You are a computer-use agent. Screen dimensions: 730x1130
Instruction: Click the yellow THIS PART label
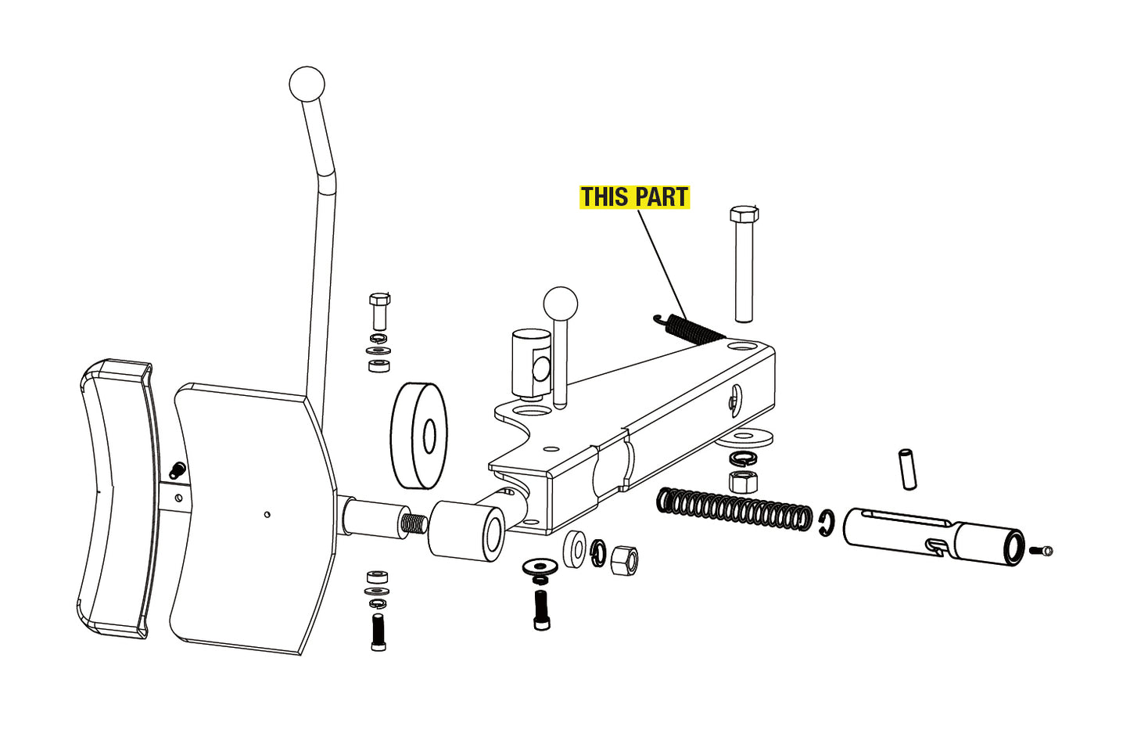(x=633, y=197)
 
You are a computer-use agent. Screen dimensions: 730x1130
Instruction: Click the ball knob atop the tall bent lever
(x=307, y=84)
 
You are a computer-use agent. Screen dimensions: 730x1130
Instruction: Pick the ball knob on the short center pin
(x=560, y=304)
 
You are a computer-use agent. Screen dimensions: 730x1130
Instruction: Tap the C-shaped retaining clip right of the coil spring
(x=827, y=523)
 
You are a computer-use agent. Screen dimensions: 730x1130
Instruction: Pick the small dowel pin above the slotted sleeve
(x=907, y=469)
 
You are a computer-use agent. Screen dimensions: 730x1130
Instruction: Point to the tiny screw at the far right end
(x=1043, y=551)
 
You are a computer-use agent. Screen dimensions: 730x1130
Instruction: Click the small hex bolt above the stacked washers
(x=379, y=311)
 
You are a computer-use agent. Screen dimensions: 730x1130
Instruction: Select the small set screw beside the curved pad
(x=177, y=471)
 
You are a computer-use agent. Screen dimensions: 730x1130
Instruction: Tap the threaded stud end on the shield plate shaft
(x=414, y=522)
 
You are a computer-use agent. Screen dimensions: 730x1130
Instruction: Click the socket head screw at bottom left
(x=378, y=632)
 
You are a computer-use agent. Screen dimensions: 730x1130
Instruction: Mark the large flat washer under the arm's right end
(x=744, y=437)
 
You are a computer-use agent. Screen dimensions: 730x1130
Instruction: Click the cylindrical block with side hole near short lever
(x=532, y=362)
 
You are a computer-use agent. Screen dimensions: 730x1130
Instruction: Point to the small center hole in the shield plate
(x=267, y=514)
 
